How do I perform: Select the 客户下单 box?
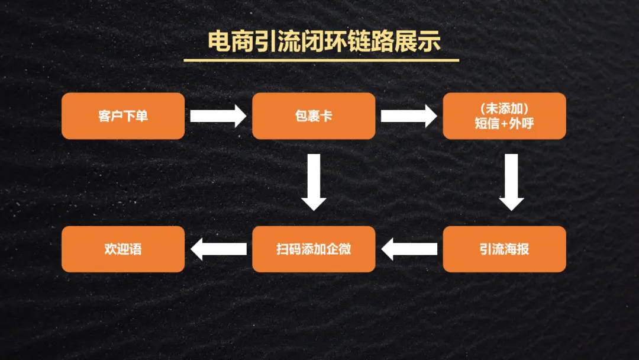[x=123, y=116]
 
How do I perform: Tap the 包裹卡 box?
[x=314, y=116]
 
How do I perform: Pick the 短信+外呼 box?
[x=504, y=116]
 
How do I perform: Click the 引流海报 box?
[x=504, y=249]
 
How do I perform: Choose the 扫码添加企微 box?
[x=314, y=249]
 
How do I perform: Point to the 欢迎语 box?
[x=123, y=249]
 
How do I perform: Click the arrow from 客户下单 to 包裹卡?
[x=218, y=116]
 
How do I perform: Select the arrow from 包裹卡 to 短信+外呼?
[x=408, y=116]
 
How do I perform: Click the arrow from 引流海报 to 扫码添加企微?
[x=409, y=249]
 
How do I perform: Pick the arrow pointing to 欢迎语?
[x=219, y=249]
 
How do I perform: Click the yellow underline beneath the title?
[x=321, y=60]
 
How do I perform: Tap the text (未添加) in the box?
[x=505, y=109]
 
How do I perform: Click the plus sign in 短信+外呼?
[x=505, y=124]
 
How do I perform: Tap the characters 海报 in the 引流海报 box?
[x=517, y=249]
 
